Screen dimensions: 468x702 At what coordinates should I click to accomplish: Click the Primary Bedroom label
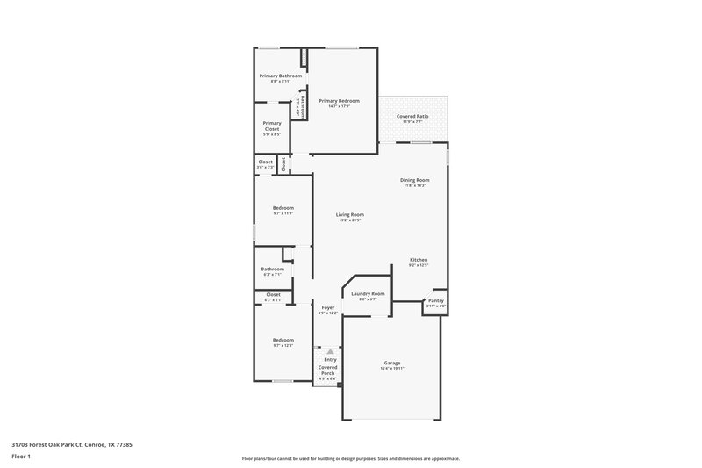[340, 100]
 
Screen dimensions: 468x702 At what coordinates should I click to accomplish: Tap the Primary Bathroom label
[280, 76]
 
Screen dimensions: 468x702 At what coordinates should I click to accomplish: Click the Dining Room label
[415, 180]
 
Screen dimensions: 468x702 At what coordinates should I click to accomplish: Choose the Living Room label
[349, 214]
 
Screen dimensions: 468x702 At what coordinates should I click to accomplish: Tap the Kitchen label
[419, 260]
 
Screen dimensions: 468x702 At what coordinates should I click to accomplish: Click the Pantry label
[436, 300]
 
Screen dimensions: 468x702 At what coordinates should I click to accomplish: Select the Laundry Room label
[368, 293]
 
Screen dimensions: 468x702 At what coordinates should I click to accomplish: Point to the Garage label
[392, 363]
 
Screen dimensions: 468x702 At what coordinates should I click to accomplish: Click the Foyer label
[327, 307]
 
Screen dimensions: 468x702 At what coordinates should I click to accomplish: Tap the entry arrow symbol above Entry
[330, 351]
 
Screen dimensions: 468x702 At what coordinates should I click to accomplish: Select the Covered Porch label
[327, 370]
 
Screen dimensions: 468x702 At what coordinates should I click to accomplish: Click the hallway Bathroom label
[272, 269]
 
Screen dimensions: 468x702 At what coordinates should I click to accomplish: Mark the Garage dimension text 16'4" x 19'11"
[392, 369]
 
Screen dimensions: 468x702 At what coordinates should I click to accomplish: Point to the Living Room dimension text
[349, 220]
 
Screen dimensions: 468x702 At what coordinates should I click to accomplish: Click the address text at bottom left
[72, 444]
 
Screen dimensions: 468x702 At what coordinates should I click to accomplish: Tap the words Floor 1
[21, 457]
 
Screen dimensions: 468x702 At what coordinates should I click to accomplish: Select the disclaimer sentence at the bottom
[350, 458]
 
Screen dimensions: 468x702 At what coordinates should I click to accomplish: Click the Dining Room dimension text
[415, 186]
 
